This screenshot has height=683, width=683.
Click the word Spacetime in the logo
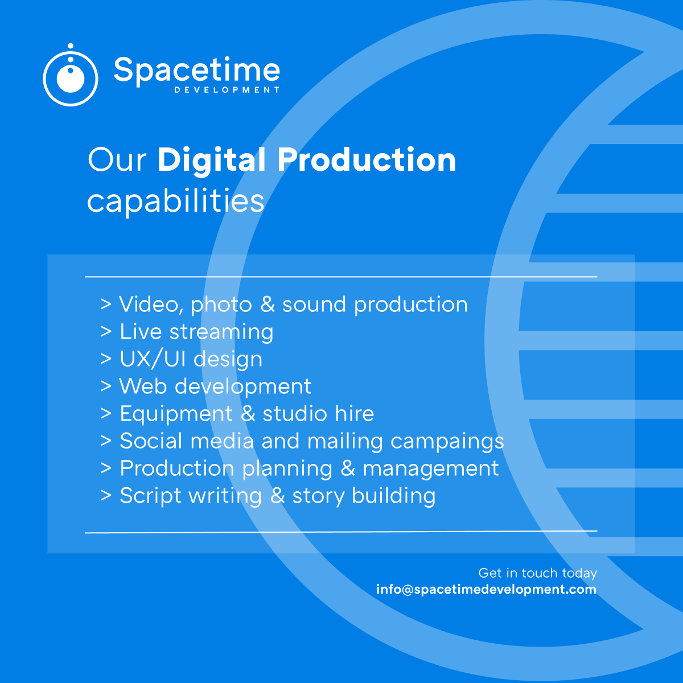point(196,71)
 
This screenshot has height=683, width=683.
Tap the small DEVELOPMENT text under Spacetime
point(227,90)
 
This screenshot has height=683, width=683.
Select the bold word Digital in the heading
point(211,161)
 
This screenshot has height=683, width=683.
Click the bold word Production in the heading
point(367,160)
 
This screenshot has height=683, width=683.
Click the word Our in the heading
point(117,161)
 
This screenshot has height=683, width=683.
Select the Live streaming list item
point(196,332)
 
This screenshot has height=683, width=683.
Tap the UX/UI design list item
point(191,359)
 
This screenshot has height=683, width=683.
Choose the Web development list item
point(215,386)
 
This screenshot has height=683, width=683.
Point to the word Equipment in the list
point(176,414)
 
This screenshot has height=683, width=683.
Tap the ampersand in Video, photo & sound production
point(267,305)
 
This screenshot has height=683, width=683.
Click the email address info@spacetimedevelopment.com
point(486,589)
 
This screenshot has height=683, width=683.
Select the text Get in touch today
point(537,573)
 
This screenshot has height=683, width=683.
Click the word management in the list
point(431,469)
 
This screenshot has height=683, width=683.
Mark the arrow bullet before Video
point(106,305)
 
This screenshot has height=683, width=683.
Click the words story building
point(364,496)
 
